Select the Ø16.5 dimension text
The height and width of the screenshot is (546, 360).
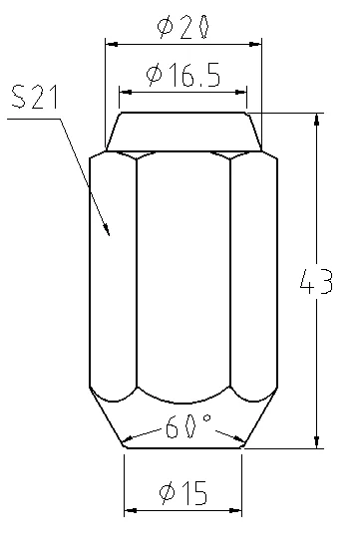coord(183,75)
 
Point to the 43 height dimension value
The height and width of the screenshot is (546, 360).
coord(316,281)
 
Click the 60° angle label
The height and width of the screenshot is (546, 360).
coord(188,425)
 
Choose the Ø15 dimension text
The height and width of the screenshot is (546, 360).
coord(183,493)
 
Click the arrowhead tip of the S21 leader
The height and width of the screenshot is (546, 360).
coord(110,236)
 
